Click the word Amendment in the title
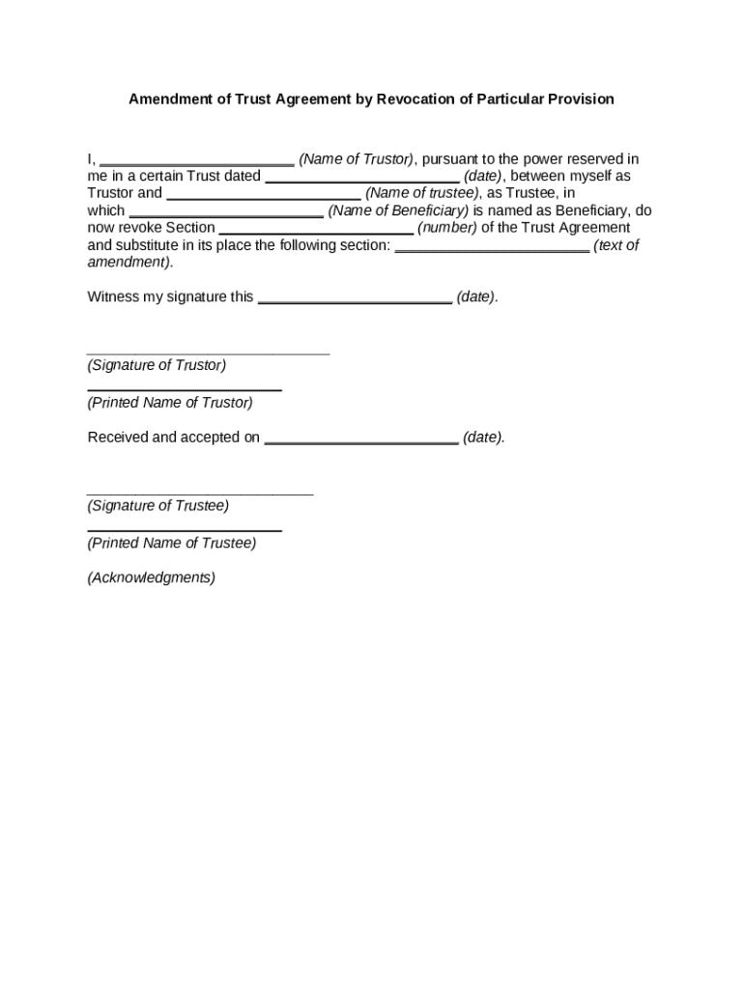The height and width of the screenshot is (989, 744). coord(170,99)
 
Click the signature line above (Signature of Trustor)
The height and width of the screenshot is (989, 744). coord(208,353)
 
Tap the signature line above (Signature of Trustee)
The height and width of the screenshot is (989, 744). coord(200,494)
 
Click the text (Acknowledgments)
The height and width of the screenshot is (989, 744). coord(152,578)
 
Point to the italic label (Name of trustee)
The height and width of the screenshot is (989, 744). coord(422,193)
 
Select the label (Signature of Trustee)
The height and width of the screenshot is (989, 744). coord(158,505)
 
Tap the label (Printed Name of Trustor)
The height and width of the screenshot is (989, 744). coord(170,403)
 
